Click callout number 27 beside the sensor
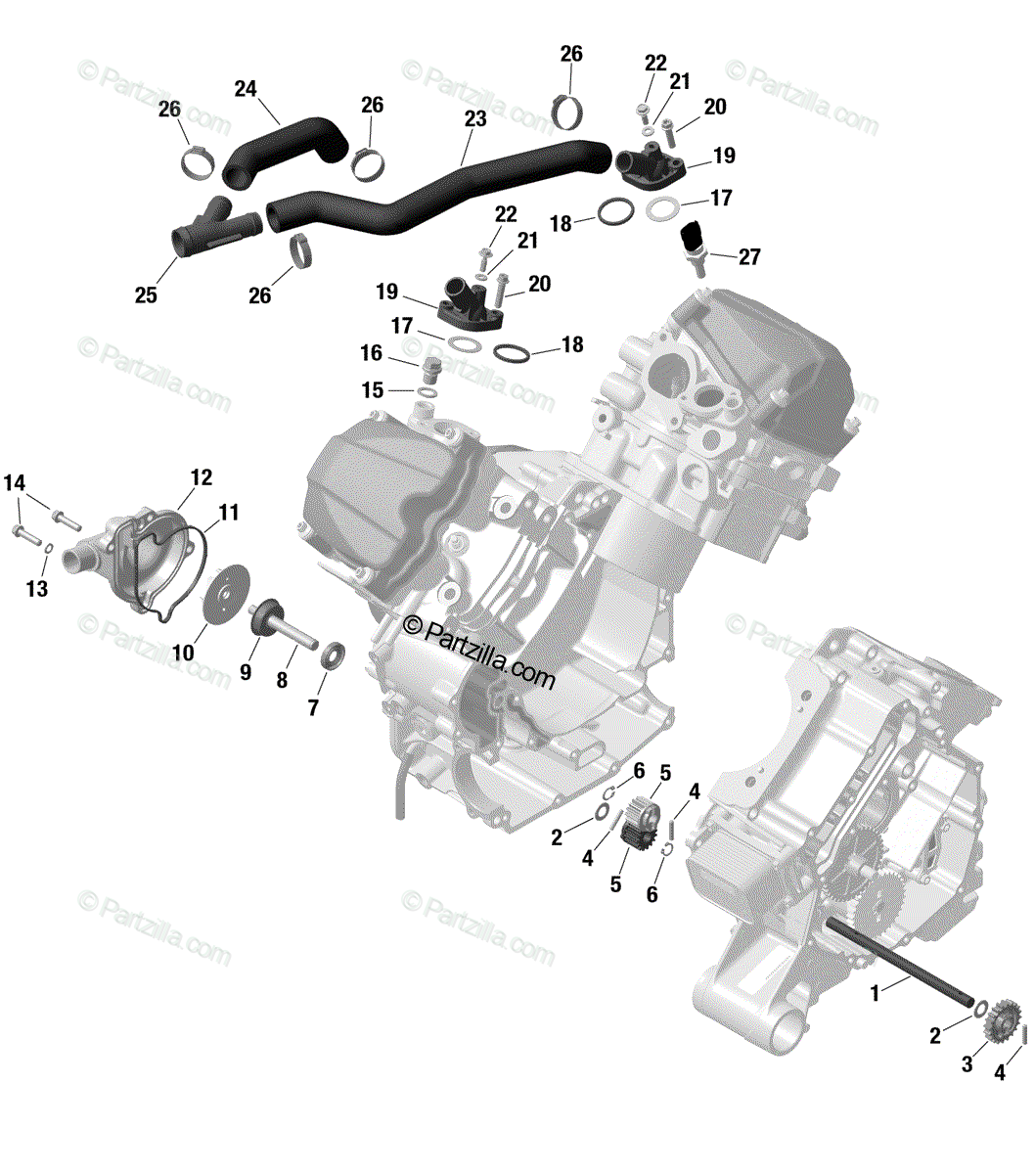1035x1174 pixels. (x=748, y=256)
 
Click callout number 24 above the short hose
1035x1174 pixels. (x=246, y=89)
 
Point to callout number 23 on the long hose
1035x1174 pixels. (x=475, y=118)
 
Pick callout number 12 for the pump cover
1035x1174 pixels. (x=202, y=477)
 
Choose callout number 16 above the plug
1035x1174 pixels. (x=371, y=353)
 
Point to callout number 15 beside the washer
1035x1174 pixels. (x=373, y=390)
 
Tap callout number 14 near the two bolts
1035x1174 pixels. (x=15, y=482)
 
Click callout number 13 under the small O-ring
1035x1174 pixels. (x=36, y=589)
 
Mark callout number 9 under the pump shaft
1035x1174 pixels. (x=246, y=672)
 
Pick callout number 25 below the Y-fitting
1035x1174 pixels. (x=146, y=294)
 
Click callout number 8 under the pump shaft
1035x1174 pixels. (x=282, y=680)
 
